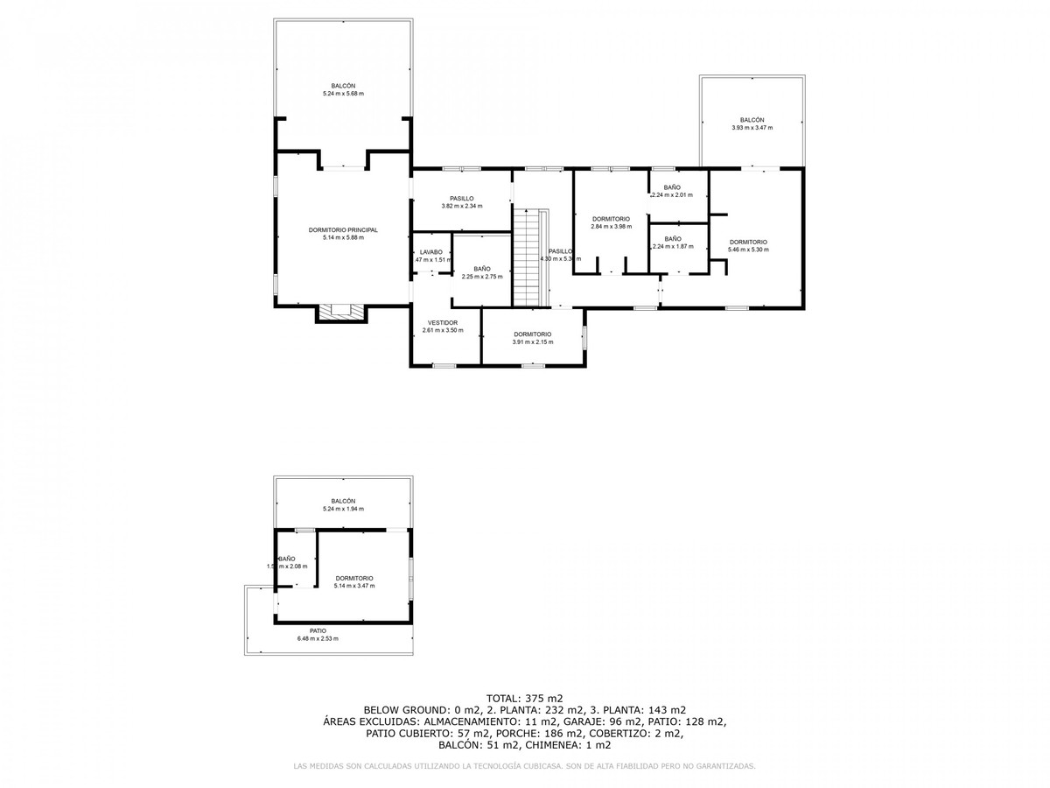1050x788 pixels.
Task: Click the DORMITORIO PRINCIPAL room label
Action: [343, 229]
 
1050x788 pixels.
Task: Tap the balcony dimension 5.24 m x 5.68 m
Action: [343, 94]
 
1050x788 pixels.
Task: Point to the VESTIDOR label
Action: [443, 322]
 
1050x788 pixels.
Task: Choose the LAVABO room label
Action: [431, 252]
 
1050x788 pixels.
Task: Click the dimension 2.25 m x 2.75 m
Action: [482, 277]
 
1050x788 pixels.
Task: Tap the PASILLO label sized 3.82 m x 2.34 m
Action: [462, 198]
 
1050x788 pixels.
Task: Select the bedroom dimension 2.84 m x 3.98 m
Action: [611, 226]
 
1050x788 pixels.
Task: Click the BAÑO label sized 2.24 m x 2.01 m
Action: [672, 187]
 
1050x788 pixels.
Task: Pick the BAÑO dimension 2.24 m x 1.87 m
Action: [673, 246]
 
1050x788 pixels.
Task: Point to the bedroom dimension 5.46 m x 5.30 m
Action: [748, 250]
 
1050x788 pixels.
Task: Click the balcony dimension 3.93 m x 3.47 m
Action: [752, 128]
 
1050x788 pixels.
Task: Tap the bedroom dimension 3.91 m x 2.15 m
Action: [532, 341]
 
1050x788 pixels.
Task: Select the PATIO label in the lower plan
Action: [318, 630]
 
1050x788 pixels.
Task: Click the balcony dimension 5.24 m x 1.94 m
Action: [343, 509]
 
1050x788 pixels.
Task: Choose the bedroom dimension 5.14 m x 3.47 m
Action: [353, 586]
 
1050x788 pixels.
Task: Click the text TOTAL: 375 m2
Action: [525, 698]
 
